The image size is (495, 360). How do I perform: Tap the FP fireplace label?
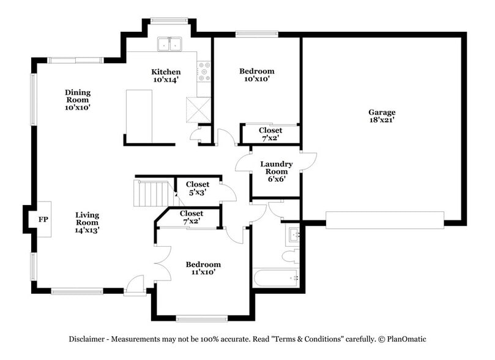(x=43, y=219)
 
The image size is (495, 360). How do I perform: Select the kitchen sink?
(x=169, y=43)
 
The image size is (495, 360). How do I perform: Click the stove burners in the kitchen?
(x=204, y=72)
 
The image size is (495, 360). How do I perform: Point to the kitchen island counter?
(x=139, y=113)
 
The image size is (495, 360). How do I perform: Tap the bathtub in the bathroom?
(x=276, y=278)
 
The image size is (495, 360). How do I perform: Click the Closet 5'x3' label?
(x=197, y=188)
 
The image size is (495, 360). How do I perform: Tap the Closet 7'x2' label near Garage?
(x=270, y=134)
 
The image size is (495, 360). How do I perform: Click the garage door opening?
(x=384, y=220)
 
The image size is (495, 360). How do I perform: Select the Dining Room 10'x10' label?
(x=78, y=100)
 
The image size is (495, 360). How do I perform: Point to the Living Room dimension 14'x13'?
(x=87, y=231)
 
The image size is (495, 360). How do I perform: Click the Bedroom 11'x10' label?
(x=203, y=268)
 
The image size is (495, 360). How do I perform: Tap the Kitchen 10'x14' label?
(x=166, y=75)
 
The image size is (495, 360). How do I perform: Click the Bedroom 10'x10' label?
(x=256, y=75)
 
